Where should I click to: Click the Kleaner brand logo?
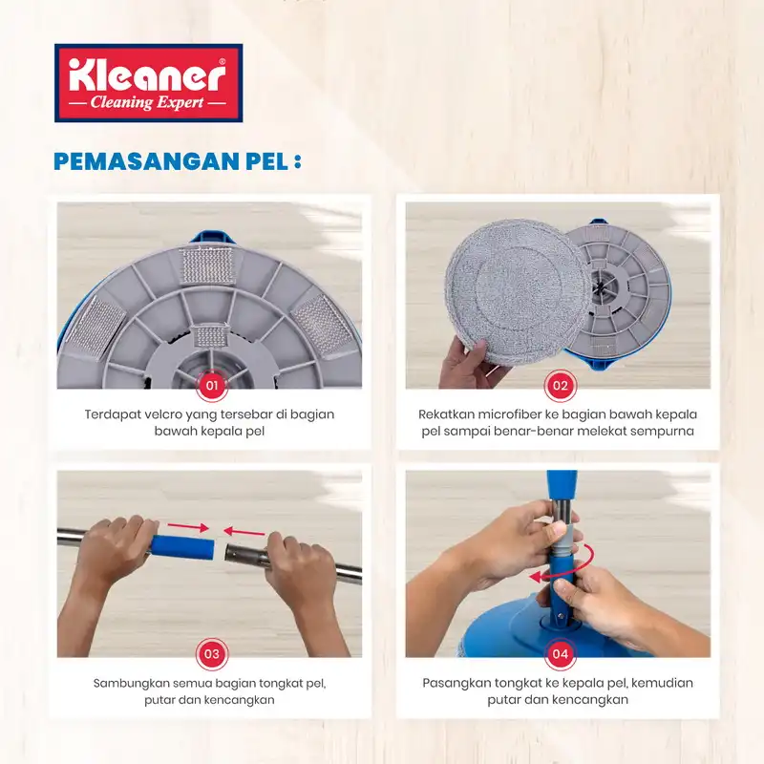[x=149, y=83]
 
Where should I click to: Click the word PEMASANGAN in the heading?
[x=147, y=161]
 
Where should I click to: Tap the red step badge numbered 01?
[x=211, y=386]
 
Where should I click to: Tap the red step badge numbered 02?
[x=561, y=386]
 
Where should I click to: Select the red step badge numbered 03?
[x=211, y=654]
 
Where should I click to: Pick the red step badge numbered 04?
[x=561, y=654]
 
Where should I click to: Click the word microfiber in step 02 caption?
[x=511, y=414]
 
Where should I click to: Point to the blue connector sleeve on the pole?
[x=182, y=546]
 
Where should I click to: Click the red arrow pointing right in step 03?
[x=188, y=527]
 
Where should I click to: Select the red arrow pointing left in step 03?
[x=244, y=531]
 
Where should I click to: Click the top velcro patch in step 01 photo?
[x=206, y=266]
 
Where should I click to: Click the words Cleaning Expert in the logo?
[x=147, y=102]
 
